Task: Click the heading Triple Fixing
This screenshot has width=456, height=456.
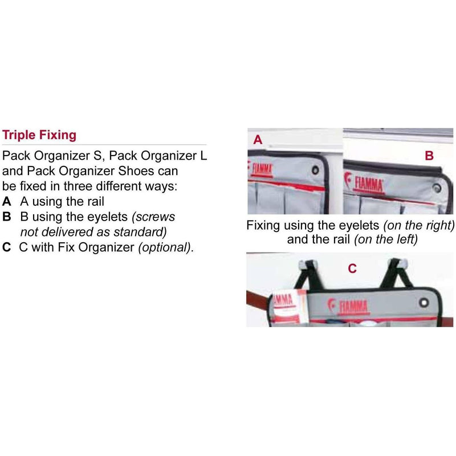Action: coord(39,135)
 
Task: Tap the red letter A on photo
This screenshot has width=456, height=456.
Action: coord(258,140)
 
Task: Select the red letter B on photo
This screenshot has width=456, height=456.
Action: coord(429,156)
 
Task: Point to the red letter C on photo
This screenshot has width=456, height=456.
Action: coord(352,268)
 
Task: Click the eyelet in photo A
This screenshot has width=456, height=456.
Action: coord(315,170)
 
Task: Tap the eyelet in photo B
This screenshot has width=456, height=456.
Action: coord(437,188)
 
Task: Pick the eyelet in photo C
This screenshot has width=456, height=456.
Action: coord(424,303)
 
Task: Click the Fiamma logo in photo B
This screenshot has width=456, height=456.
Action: coord(364,183)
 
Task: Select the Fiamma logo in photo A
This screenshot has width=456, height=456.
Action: coord(260,169)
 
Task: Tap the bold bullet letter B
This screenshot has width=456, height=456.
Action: coord(7,217)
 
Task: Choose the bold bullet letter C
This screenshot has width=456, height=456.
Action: coord(7,247)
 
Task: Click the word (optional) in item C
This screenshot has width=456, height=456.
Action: coord(166,247)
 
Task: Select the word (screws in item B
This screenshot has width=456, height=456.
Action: coord(153,217)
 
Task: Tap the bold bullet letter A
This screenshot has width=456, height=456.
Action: coord(7,202)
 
